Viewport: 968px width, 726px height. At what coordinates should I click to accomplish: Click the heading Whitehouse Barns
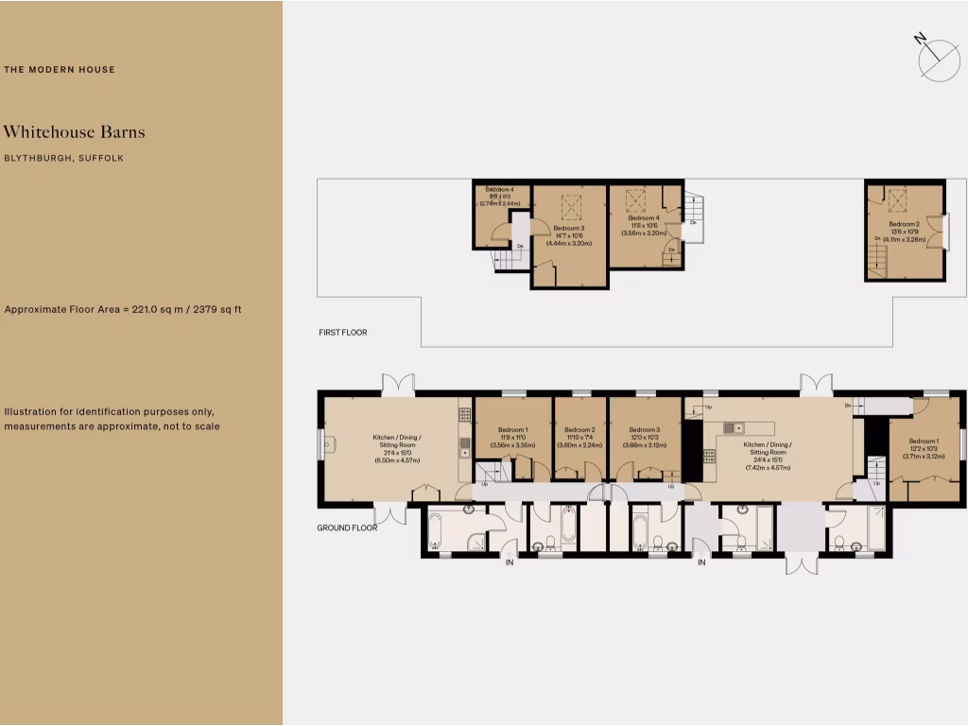[x=75, y=132]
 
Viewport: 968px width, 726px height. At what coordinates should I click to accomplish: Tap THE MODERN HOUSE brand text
[x=60, y=69]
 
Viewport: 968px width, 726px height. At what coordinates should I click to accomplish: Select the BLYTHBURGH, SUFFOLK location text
[x=64, y=158]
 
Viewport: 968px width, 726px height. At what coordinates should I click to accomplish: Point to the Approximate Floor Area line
[x=123, y=309]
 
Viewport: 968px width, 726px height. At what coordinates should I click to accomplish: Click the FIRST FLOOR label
[x=343, y=333]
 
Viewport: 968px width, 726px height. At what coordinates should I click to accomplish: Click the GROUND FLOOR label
[x=347, y=527]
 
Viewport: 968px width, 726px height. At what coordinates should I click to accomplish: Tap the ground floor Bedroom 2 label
[x=579, y=429]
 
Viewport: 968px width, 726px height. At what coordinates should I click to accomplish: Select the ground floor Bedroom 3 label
[x=645, y=429]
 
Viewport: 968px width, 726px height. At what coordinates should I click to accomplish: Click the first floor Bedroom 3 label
[x=568, y=228]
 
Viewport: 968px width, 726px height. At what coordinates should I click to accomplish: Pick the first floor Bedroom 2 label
[x=904, y=224]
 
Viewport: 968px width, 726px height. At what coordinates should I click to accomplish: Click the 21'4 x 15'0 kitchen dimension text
[x=397, y=453]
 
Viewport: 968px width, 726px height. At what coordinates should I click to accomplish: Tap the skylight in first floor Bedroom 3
[x=571, y=205]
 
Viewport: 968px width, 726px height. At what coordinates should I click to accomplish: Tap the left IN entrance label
[x=510, y=562]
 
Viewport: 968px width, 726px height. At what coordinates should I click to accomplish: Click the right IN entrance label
[x=701, y=562]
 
